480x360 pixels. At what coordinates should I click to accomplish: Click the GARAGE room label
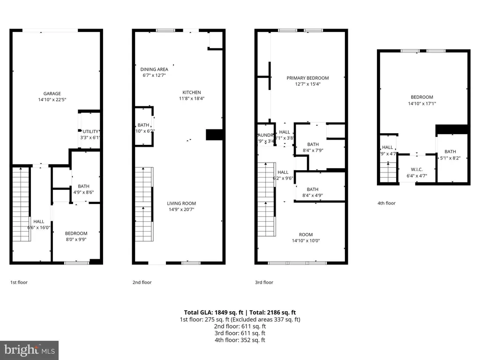(52, 94)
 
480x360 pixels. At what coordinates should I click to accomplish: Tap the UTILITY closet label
(90, 132)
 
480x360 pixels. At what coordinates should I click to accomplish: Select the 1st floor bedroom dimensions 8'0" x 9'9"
(76, 239)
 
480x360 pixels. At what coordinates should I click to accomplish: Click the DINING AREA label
(154, 69)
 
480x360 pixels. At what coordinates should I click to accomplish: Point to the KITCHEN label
(192, 92)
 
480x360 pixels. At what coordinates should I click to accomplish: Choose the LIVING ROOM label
(181, 203)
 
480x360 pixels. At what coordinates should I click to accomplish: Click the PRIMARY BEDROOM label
(307, 78)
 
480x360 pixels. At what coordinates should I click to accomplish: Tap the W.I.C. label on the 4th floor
(416, 170)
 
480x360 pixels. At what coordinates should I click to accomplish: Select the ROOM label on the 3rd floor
(306, 235)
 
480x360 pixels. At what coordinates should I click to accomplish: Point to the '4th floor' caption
(386, 203)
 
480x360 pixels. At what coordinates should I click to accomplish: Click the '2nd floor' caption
(142, 283)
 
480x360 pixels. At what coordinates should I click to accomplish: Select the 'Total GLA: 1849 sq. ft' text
(211, 312)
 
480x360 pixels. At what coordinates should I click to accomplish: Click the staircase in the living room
(144, 204)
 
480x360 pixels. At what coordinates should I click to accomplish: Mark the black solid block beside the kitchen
(214, 135)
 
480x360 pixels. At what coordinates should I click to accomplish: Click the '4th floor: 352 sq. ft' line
(240, 340)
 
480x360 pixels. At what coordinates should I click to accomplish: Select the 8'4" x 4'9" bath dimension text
(313, 195)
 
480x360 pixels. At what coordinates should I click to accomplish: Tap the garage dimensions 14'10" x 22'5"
(52, 99)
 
